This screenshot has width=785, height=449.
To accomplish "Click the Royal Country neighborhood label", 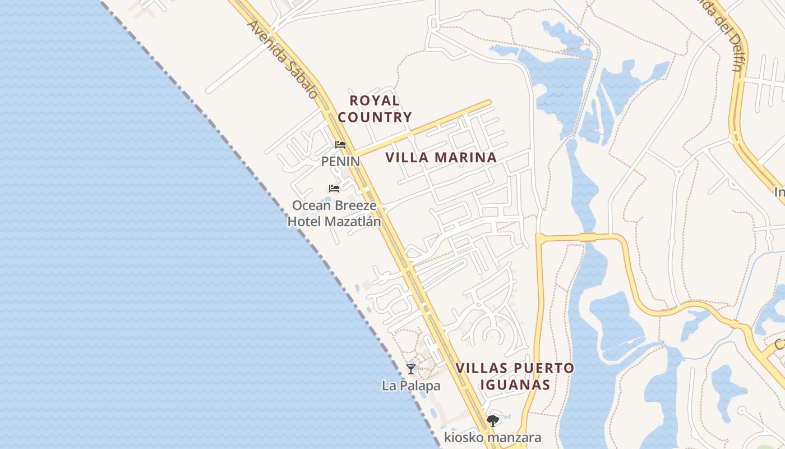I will tap(375, 109).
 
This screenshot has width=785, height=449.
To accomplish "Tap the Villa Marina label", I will tap(441, 158).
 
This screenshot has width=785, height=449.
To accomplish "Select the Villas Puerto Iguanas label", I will tap(515, 377).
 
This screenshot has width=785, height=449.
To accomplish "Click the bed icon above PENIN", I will tap(340, 145).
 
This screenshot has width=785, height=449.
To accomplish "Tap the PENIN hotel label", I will tap(340, 162).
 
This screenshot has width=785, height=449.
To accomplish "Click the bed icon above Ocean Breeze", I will tap(334, 189).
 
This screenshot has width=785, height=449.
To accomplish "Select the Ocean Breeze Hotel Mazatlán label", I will tap(334, 213).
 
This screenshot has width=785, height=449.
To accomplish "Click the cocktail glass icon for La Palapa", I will tap(411, 369).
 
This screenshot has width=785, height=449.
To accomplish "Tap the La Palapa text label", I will tap(411, 386).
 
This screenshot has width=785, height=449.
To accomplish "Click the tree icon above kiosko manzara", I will tap(493, 420).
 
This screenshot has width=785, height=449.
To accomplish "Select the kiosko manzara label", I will tap(493, 437).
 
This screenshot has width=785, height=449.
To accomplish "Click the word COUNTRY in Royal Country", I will tap(375, 117).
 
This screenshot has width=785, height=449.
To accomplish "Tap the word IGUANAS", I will tap(515, 385).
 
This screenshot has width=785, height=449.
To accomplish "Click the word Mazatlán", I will tap(353, 222).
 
